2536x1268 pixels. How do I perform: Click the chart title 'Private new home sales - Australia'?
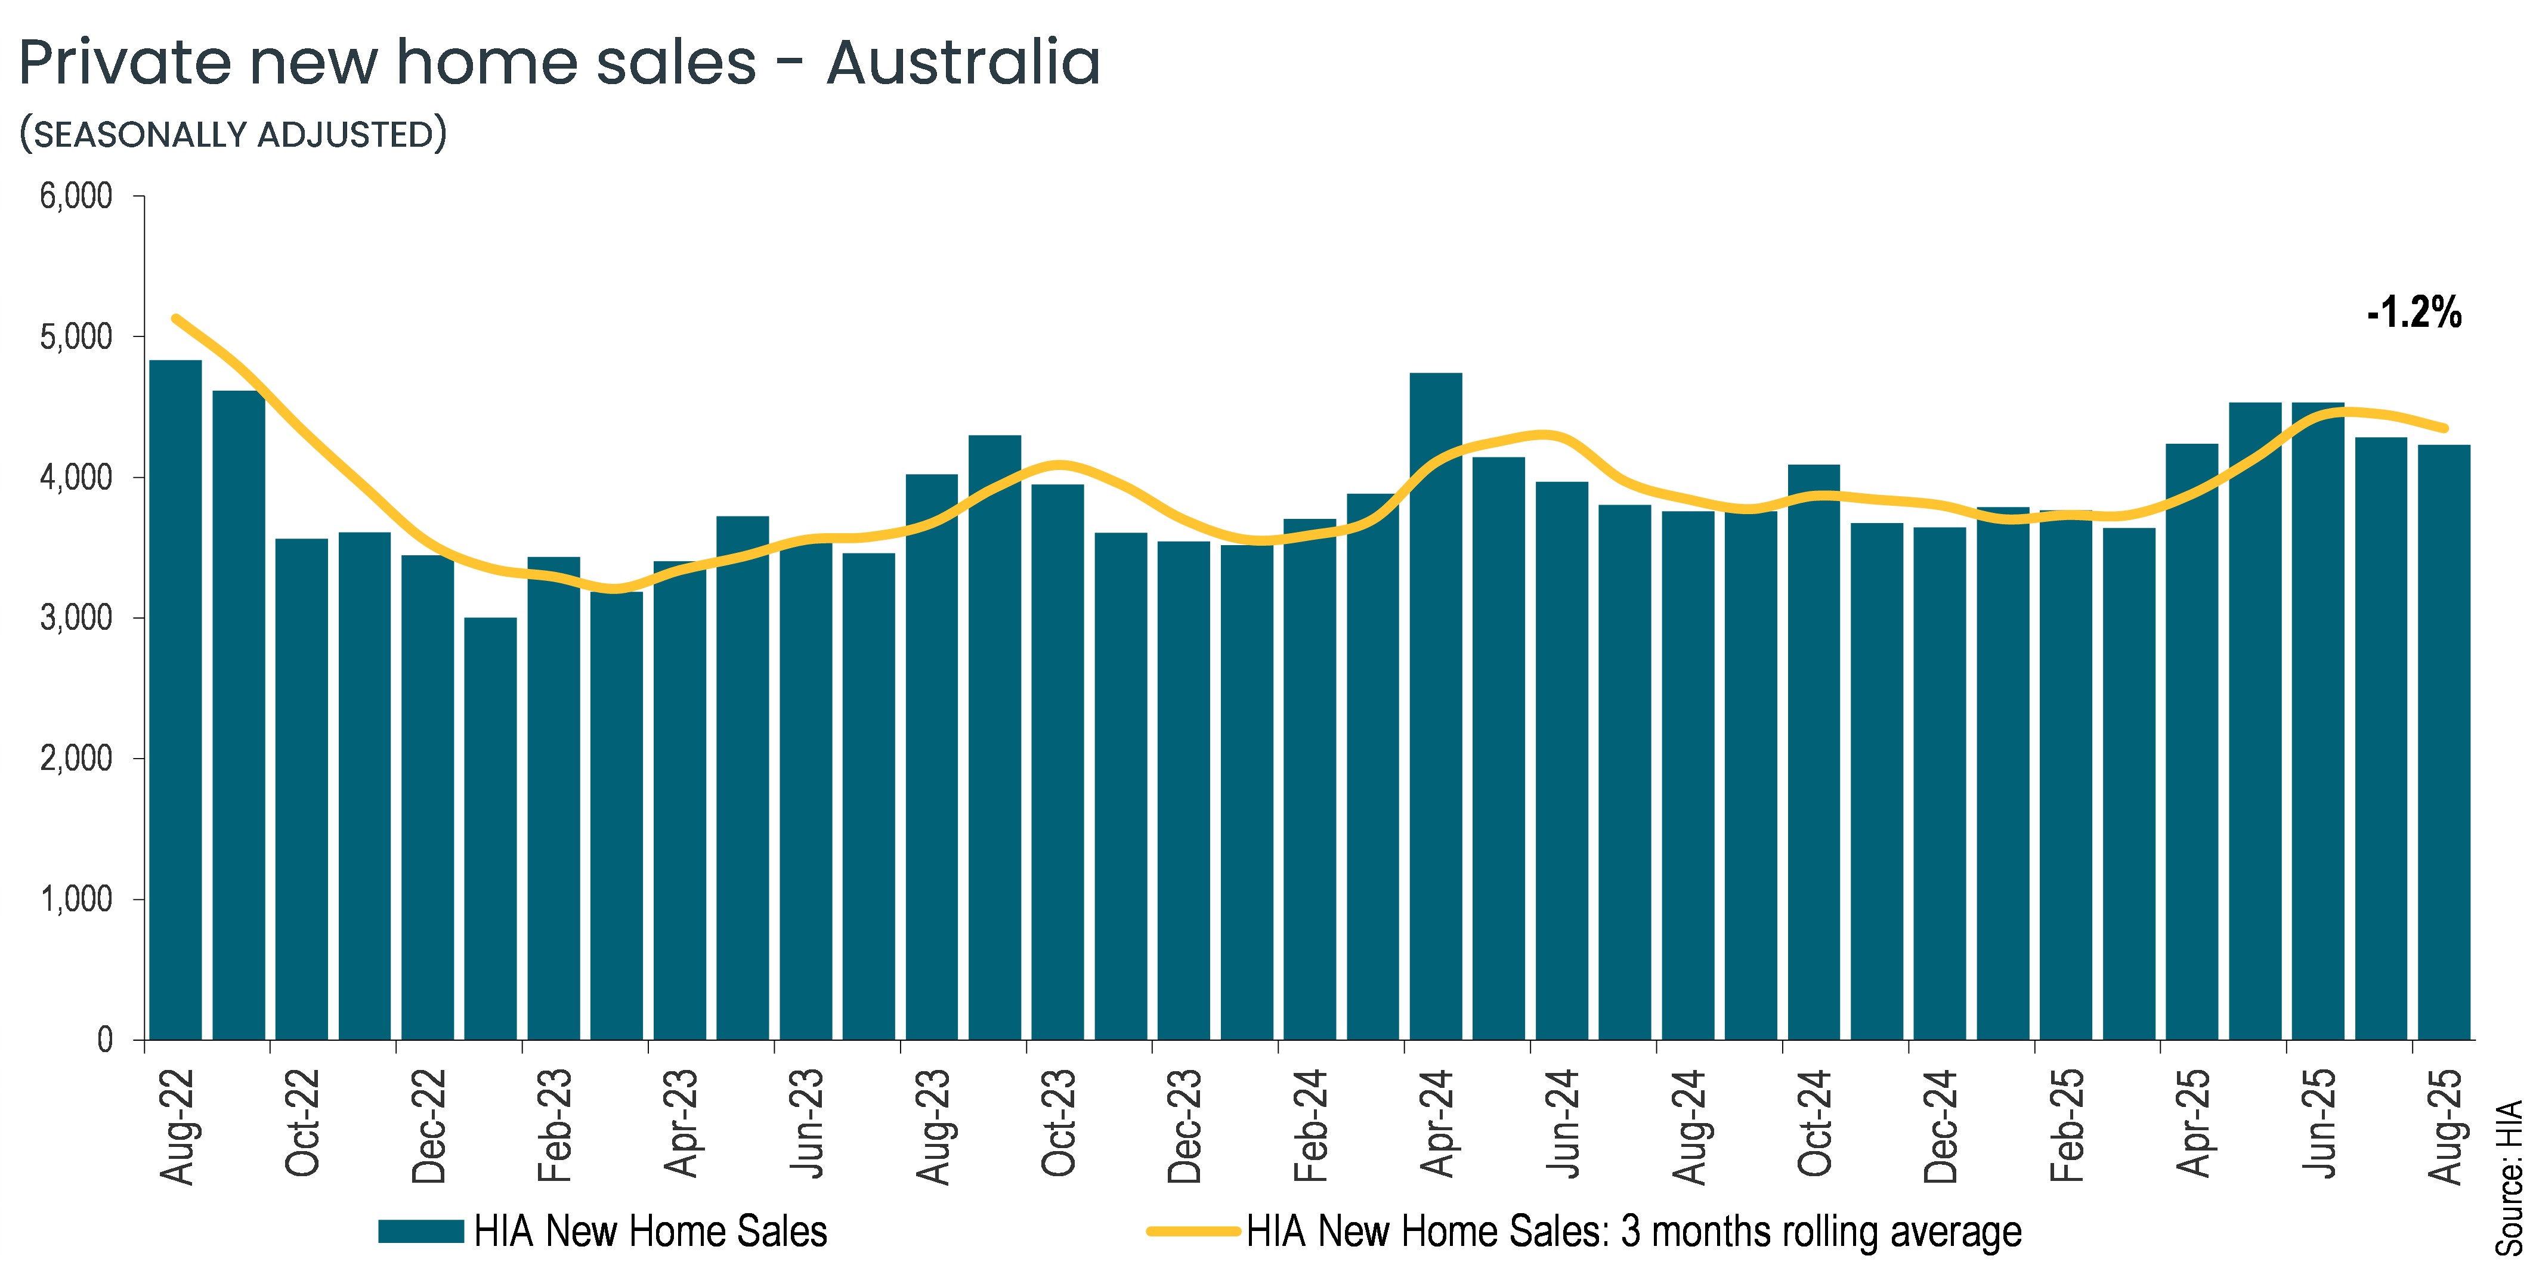[559, 63]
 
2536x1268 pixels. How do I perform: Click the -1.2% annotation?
[2413, 313]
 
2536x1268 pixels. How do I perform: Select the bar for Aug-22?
[175, 699]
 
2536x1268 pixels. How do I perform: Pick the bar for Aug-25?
[2444, 743]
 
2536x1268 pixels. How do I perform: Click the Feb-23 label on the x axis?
[554, 1125]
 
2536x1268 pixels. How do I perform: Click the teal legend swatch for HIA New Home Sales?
[420, 1230]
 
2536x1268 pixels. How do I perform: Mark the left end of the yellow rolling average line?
[175, 318]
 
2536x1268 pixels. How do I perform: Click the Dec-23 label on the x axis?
[1185, 1125]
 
